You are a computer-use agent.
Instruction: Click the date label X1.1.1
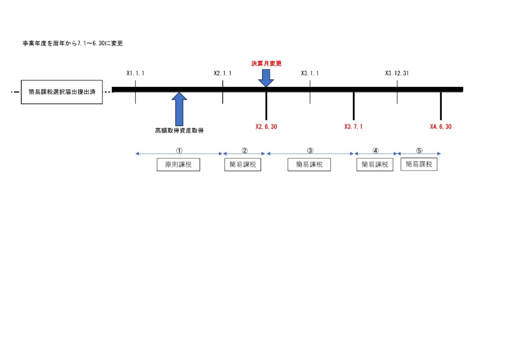[135, 73]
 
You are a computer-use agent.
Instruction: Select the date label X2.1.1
[222, 73]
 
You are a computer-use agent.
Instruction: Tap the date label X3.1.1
[310, 73]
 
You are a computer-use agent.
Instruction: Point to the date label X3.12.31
[397, 73]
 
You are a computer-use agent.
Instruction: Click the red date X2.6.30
[266, 127]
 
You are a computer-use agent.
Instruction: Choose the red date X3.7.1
[353, 127]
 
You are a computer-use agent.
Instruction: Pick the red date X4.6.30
[441, 127]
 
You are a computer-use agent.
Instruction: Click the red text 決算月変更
[266, 64]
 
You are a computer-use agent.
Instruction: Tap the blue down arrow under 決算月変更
[266, 78]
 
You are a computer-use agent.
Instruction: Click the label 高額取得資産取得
[179, 130]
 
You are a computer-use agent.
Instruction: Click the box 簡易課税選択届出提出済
[62, 92]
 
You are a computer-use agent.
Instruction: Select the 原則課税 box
[178, 164]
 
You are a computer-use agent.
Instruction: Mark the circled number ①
[179, 151]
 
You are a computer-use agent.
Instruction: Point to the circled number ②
[245, 151]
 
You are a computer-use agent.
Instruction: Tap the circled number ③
[310, 151]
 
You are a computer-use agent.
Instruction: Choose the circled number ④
[375, 151]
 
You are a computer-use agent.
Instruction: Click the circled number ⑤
[419, 151]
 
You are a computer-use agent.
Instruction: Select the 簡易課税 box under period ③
[309, 164]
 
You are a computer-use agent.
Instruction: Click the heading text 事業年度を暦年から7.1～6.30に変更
[73, 43]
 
